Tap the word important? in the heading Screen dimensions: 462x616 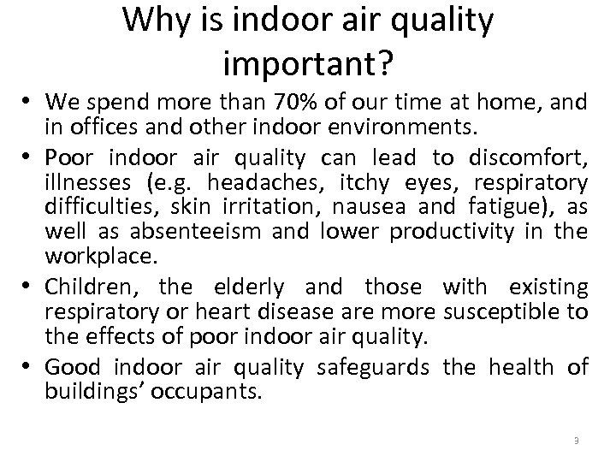click(x=307, y=62)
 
